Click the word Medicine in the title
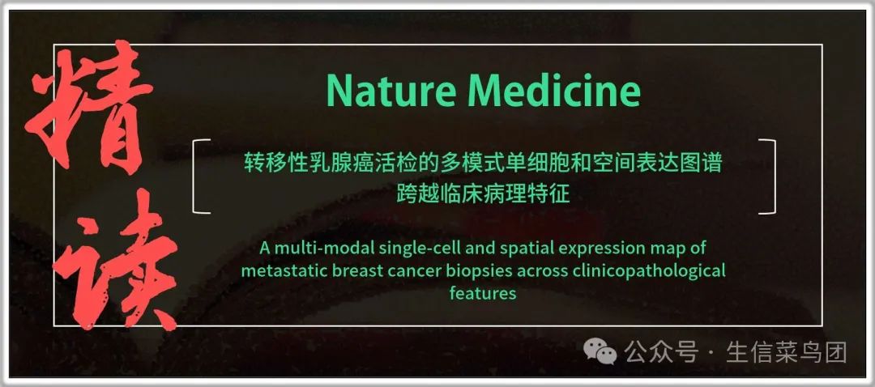click(x=555, y=91)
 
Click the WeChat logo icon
click(x=600, y=352)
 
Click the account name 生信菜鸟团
click(x=787, y=352)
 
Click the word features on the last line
click(x=483, y=293)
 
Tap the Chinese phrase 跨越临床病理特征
click(x=483, y=193)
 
